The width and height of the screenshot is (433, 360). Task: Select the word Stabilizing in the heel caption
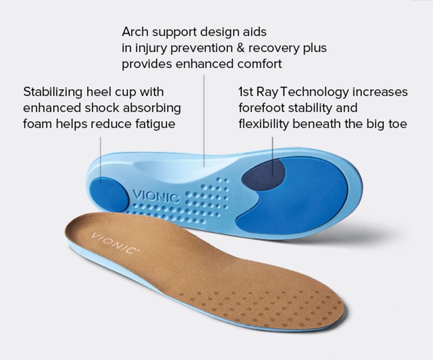pos(53,92)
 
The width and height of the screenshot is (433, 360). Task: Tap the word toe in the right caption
pos(397,124)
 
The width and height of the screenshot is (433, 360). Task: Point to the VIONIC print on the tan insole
pos(114,243)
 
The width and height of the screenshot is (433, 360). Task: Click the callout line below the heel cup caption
pos(100,156)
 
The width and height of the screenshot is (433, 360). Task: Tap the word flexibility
pos(264,124)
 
